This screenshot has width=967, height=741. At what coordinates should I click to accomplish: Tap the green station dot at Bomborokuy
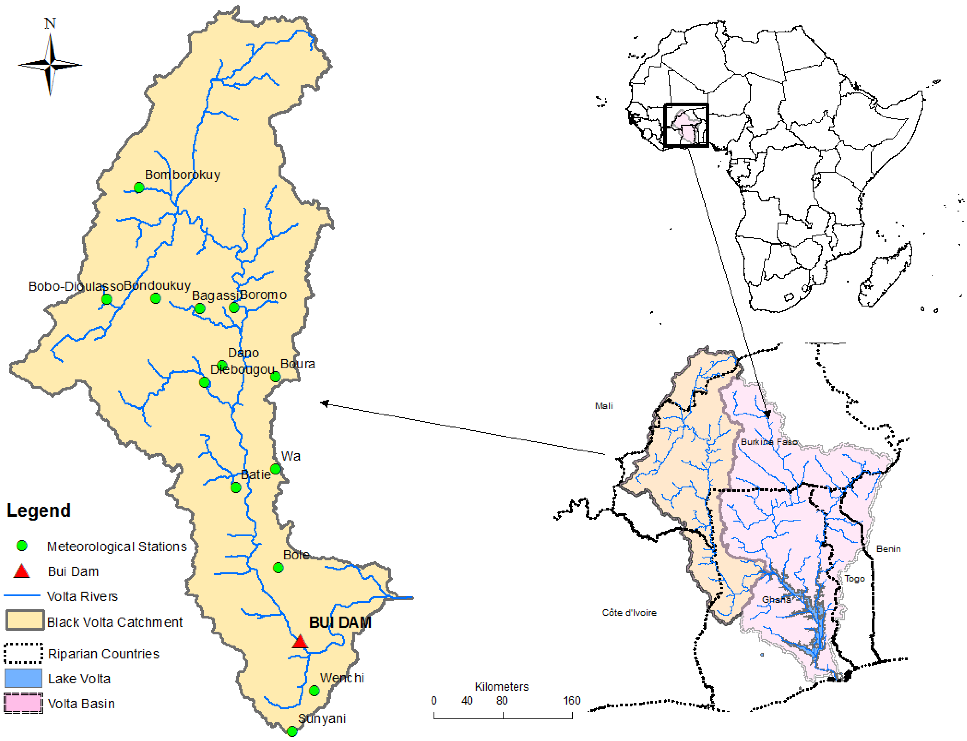click(x=139, y=188)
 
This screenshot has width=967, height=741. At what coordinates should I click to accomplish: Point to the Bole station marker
click(x=278, y=568)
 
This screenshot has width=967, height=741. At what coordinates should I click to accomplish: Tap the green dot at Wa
click(x=276, y=469)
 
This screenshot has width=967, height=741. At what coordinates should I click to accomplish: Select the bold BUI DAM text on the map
click(x=340, y=622)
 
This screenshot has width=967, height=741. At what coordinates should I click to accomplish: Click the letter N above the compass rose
click(x=50, y=23)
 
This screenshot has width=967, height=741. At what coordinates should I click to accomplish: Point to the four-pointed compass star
click(x=50, y=65)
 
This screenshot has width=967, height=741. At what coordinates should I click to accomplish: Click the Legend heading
click(x=39, y=510)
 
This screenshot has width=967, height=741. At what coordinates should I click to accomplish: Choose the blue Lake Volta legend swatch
click(x=23, y=678)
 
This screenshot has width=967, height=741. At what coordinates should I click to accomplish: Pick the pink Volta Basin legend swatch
click(x=23, y=703)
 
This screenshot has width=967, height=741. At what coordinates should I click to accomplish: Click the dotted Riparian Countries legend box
click(x=23, y=653)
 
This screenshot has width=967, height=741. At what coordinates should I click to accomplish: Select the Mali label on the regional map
click(x=604, y=406)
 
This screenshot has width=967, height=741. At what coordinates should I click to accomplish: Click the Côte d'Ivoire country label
click(x=629, y=613)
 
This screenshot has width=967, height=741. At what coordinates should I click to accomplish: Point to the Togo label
click(x=855, y=579)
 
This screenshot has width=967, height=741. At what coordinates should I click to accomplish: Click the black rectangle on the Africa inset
click(x=686, y=125)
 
